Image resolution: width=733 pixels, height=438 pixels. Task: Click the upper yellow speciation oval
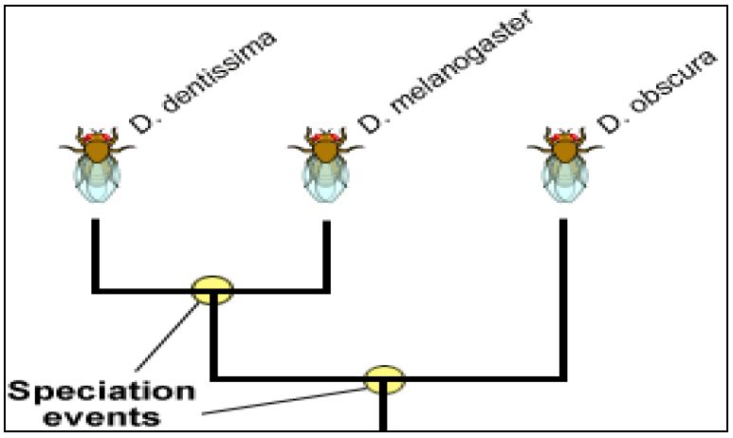tap(212, 288)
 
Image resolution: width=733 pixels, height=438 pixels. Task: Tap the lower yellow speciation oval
tap(384, 379)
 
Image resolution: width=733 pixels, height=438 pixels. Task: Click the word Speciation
tap(102, 391)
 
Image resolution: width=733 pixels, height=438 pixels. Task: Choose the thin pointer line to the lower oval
tap(284, 399)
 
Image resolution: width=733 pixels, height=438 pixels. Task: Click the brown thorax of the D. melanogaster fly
tap(325, 150)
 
